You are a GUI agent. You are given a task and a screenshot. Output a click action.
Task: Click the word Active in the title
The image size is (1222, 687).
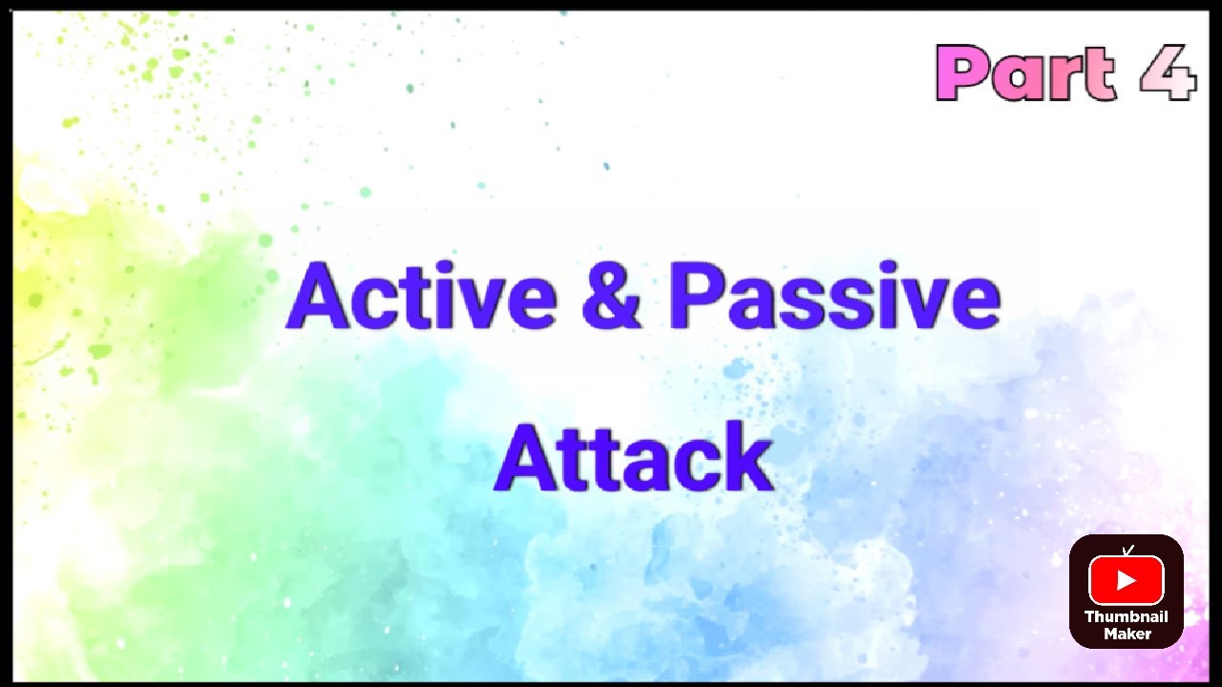coord(421,297)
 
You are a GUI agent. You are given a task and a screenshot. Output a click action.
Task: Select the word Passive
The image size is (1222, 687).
coord(834,297)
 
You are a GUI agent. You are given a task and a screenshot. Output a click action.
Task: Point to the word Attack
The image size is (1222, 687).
coord(633,459)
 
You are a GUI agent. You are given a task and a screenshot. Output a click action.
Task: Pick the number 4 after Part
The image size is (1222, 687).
coord(1168,73)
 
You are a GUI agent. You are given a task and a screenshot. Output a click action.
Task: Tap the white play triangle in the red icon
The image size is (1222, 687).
coord(1127,580)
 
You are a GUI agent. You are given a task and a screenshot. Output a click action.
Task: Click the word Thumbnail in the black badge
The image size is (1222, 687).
coord(1127,617)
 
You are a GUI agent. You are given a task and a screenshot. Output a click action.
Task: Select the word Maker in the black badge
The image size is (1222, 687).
coord(1127,634)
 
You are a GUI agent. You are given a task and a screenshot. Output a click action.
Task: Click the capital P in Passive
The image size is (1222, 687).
coord(694,297)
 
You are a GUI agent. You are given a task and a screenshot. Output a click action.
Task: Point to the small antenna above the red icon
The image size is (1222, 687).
coord(1127,550)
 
